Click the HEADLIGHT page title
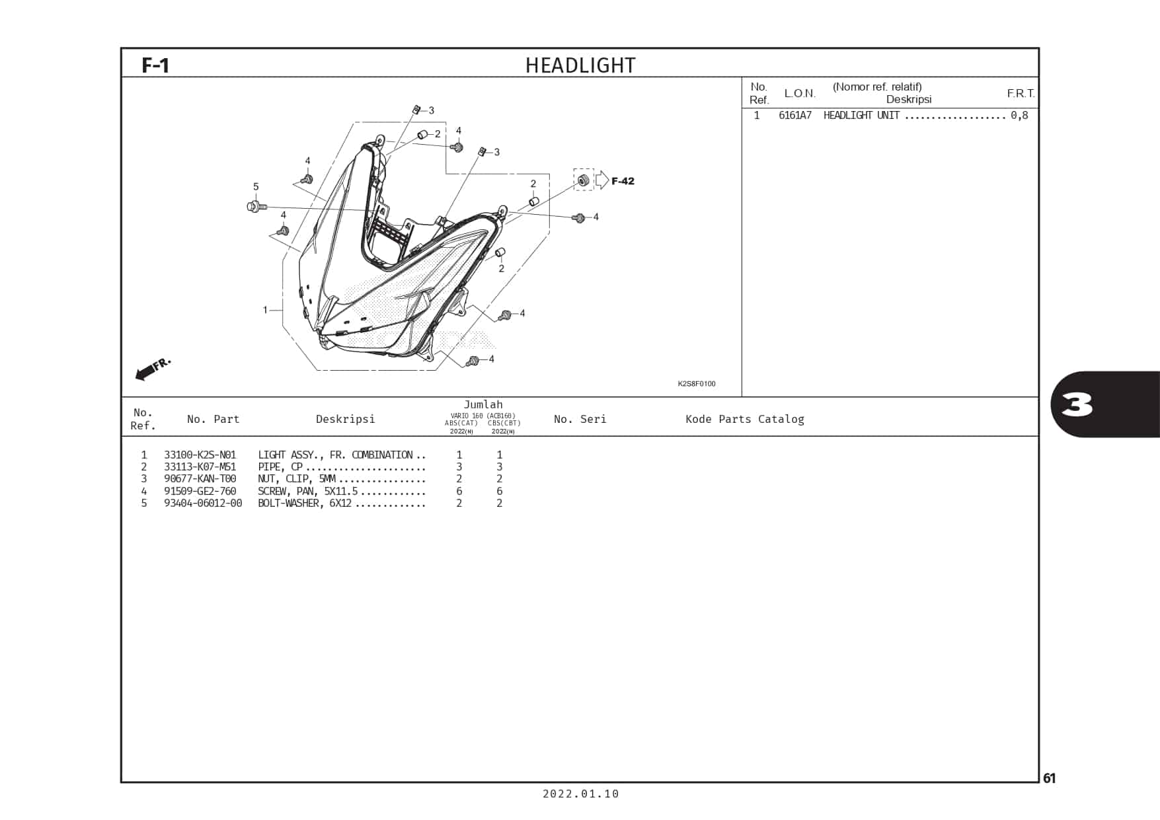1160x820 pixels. [580, 65]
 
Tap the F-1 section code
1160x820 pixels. [156, 65]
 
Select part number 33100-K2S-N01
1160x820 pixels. [200, 455]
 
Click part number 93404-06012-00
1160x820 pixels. [203, 503]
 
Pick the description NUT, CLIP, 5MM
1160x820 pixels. [297, 478]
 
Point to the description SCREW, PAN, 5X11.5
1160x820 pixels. [307, 491]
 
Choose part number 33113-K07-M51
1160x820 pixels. [200, 466]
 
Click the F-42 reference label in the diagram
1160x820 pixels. [623, 181]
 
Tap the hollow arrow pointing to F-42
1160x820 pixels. [602, 180]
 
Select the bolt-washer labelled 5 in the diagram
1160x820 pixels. [255, 207]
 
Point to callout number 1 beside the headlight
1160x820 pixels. [265, 309]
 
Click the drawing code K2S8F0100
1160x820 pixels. [696, 384]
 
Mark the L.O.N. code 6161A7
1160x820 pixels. [794, 116]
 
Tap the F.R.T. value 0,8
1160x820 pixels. [1019, 116]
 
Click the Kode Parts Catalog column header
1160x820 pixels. [744, 419]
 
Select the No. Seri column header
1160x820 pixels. [580, 419]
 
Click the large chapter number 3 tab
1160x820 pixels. [1077, 404]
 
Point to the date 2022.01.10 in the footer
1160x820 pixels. [580, 794]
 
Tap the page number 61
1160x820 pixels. [1049, 778]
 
